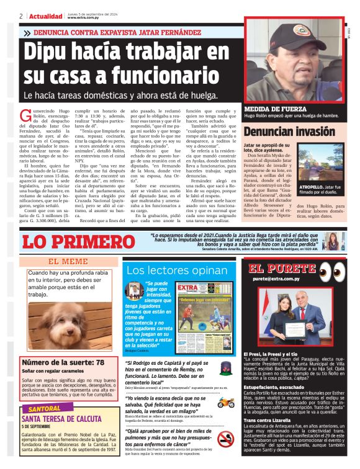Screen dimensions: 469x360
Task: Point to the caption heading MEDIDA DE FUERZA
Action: point(270,107)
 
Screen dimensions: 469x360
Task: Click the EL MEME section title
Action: point(68,261)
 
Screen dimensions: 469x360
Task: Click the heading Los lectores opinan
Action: point(176,270)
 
